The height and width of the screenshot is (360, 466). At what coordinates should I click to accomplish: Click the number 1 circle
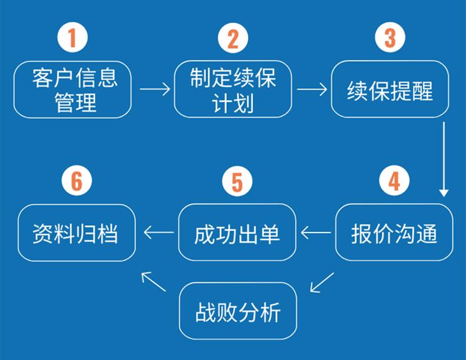coord(73,39)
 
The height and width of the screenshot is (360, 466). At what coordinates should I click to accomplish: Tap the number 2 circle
coord(232,39)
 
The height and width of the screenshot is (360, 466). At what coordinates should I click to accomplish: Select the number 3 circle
coord(390,38)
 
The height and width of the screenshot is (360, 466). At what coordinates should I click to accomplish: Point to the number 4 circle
coord(394,182)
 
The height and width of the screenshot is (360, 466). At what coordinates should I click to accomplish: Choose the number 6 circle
coord(76,182)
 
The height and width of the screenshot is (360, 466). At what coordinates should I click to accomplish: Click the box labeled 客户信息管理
coord(73,89)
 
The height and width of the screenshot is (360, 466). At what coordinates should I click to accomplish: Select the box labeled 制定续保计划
coord(232,89)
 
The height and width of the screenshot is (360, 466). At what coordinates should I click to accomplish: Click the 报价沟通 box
coord(394,233)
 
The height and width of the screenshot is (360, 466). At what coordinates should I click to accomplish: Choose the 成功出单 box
coord(237,233)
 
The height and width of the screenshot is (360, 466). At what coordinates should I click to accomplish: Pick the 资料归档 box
coord(76,233)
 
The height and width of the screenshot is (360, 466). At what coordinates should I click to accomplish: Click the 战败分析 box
coord(238,311)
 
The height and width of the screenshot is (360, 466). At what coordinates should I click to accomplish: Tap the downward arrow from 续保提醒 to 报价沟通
coord(444,159)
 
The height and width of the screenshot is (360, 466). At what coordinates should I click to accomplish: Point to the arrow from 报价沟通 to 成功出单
coord(316,233)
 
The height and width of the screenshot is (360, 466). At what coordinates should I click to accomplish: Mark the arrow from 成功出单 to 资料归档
coord(158,233)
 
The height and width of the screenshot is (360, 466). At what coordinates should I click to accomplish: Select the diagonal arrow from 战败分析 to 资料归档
coord(153,282)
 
